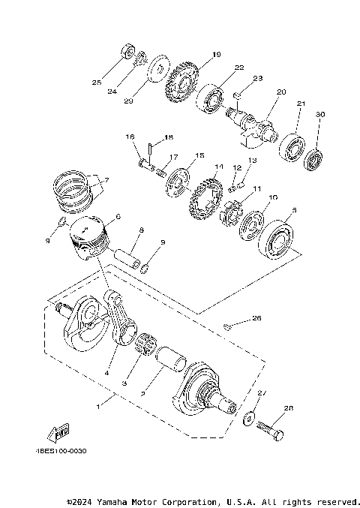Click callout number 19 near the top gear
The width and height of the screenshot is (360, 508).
[x=216, y=55]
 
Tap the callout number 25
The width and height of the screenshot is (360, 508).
[x=96, y=82]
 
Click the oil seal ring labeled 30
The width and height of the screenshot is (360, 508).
[x=313, y=159]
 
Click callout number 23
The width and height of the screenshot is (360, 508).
[x=256, y=78]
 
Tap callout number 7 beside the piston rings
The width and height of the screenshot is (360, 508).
[x=106, y=180]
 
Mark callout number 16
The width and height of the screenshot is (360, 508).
[x=129, y=137]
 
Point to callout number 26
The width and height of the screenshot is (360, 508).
[x=256, y=318]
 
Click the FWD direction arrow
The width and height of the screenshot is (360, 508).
[x=55, y=433]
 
